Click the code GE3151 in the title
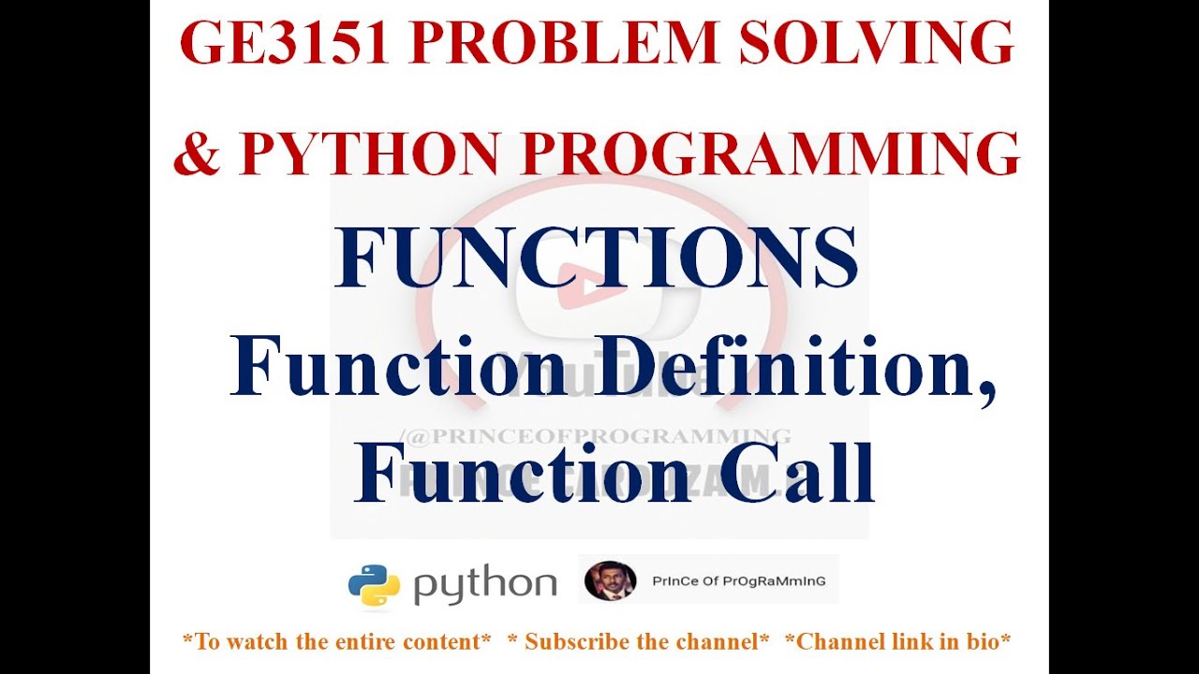pyautogui.click(x=284, y=44)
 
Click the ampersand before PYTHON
pyautogui.click(x=196, y=154)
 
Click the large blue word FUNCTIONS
pyautogui.click(x=597, y=259)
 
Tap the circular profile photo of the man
pyautogui.click(x=610, y=581)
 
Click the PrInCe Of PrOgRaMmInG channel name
pyautogui.click(x=725, y=581)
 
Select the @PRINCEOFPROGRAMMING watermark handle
pyautogui.click(x=596, y=435)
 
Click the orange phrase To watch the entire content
pyautogui.click(x=336, y=642)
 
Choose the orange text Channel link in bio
pyautogui.click(x=897, y=642)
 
